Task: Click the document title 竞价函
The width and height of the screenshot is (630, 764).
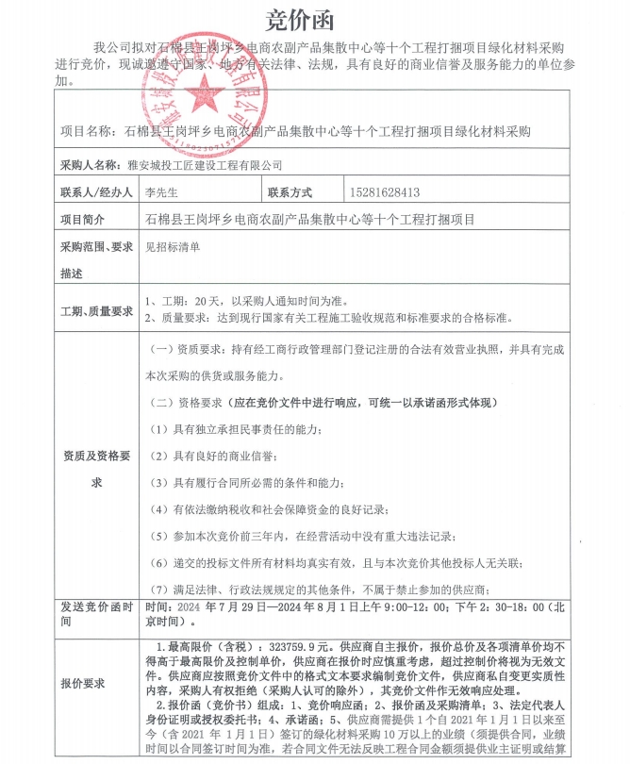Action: pyautogui.click(x=314, y=18)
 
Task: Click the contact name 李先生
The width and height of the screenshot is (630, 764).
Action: pyautogui.click(x=161, y=193)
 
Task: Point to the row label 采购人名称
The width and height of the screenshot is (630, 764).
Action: pyautogui.click(x=91, y=165)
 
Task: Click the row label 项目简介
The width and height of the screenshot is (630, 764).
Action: pyautogui.click(x=86, y=220)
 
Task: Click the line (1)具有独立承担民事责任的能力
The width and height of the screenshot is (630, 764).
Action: pyautogui.click(x=237, y=430)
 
